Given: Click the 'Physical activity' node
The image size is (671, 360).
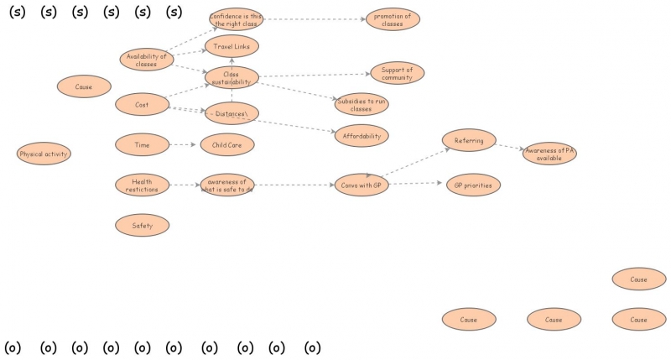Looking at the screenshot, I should click(x=44, y=154).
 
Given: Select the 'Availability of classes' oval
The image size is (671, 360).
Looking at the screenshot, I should click(x=146, y=60).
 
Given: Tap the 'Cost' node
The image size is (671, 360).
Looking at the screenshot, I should click(x=142, y=105).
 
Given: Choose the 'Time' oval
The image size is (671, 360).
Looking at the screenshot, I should click(x=142, y=145).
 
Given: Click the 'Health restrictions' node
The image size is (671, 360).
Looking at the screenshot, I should click(x=142, y=185).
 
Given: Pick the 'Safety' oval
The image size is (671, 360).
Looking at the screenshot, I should click(x=142, y=225).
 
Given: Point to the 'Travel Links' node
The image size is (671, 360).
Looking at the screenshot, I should click(x=231, y=46).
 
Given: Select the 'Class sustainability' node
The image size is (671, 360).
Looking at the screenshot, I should click(x=231, y=77).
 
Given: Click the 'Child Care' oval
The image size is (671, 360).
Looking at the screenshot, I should click(x=226, y=145).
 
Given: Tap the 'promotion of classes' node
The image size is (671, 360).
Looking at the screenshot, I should click(x=393, y=19).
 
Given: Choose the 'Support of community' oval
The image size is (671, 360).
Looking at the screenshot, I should click(x=397, y=74).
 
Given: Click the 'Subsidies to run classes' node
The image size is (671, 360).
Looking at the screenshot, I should click(x=361, y=105).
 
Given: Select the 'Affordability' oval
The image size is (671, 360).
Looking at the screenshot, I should click(x=361, y=135).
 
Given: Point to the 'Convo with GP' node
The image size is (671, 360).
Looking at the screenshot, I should click(x=361, y=185).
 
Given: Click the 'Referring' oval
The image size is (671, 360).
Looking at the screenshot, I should click(x=469, y=141).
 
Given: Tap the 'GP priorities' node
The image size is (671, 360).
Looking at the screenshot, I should click(x=473, y=185).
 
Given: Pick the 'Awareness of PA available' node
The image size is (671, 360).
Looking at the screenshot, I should click(x=549, y=154).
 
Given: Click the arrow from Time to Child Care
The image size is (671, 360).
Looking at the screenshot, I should click(x=183, y=145).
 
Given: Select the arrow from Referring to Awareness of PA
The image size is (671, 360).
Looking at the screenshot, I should click(x=509, y=147).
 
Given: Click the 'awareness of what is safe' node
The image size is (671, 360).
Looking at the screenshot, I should click(x=226, y=185).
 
